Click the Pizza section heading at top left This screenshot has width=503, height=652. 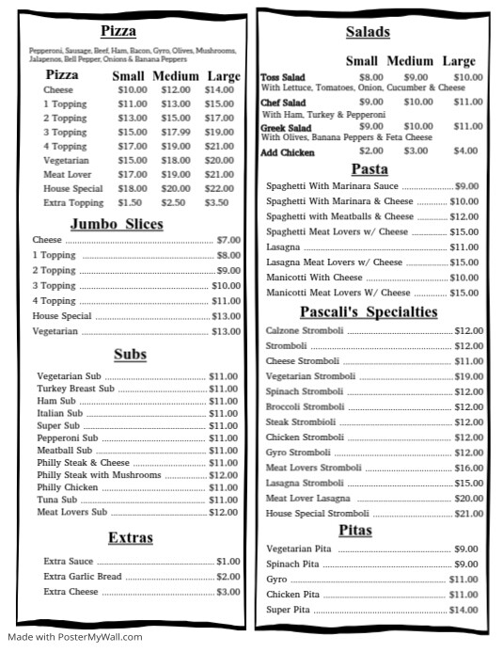(119, 31)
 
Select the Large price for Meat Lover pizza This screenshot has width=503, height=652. (219, 174)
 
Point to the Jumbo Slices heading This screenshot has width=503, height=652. (117, 224)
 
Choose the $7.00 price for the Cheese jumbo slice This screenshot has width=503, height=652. (228, 240)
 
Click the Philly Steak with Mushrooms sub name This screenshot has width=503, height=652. (86, 475)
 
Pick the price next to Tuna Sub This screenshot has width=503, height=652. (223, 500)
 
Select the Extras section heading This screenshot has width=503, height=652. (131, 538)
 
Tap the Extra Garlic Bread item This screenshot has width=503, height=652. (83, 577)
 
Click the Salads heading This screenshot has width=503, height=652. (368, 31)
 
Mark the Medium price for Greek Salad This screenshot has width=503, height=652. (418, 125)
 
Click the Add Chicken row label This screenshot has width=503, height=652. (288, 151)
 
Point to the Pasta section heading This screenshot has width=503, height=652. (369, 169)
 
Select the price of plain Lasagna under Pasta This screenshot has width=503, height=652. (467, 246)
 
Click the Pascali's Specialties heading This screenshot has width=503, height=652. (369, 311)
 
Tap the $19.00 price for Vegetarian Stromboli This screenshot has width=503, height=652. (468, 376)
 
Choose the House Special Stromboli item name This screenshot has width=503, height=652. (317, 514)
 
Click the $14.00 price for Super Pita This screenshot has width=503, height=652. (464, 610)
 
